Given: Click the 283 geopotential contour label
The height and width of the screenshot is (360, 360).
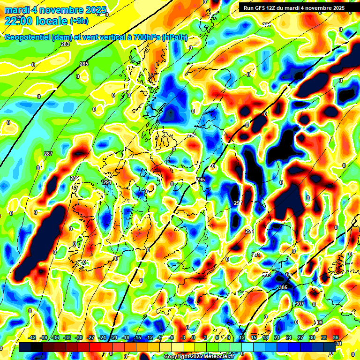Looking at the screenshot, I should pos(65,45).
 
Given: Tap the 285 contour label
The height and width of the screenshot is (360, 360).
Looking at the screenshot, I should pos(83,64).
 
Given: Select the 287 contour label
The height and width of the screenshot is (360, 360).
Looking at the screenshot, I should pos(48,154).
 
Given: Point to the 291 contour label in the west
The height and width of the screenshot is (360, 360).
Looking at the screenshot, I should pos(107,182).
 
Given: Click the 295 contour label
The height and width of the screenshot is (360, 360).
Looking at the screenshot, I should pos(201,180).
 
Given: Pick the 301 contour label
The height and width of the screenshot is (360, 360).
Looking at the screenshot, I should pos(256,255).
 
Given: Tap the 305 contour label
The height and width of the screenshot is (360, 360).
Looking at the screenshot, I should pos(283,287).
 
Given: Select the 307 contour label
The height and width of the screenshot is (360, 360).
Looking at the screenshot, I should pos(300,304).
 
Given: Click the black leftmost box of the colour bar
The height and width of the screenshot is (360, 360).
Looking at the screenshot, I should pos(25,346).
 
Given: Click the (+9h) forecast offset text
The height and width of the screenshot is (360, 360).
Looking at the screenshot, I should pos(81,21).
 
